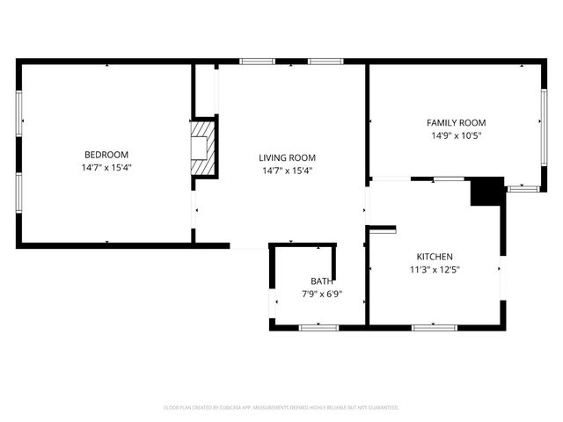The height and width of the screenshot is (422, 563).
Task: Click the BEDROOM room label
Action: point(106,155)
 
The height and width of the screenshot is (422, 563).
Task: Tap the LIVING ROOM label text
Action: point(287,158)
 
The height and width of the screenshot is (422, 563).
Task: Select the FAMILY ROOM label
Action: point(456,123)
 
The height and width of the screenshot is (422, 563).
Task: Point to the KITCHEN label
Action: point(435,257)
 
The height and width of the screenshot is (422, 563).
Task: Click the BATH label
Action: point(321,281)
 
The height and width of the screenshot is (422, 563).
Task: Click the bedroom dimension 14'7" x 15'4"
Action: point(106,167)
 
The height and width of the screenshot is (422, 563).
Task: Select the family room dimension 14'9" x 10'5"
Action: point(456,136)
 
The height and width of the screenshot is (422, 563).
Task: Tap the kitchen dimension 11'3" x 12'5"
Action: point(435,270)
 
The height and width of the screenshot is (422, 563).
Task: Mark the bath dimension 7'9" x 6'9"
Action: point(321,295)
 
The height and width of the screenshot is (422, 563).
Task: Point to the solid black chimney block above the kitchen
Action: point(486,192)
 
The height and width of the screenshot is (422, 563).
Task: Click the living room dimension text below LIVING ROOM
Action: point(287,171)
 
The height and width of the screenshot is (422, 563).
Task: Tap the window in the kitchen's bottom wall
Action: point(434,327)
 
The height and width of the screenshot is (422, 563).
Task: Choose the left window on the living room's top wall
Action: point(257,62)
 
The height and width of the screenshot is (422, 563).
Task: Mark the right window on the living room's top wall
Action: point(325,62)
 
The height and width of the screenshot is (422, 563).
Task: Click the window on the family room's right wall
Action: point(541,121)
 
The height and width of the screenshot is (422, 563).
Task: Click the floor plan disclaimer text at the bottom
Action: point(281,408)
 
